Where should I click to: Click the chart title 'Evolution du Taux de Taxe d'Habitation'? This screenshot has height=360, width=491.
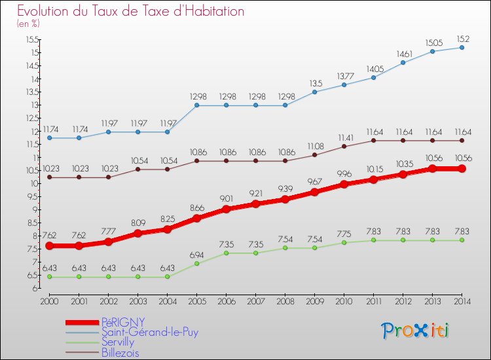click(x=130, y=11)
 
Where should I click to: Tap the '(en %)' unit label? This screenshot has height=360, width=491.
click(x=28, y=24)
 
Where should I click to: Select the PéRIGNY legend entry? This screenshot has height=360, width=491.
click(x=123, y=321)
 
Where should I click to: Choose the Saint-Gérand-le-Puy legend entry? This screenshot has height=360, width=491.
click(x=149, y=332)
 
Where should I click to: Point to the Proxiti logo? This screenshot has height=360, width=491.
click(x=415, y=331)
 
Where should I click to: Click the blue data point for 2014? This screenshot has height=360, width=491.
click(x=462, y=47)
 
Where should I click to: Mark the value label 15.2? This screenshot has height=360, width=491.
click(x=462, y=38)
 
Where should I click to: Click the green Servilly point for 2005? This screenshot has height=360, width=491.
click(x=196, y=264)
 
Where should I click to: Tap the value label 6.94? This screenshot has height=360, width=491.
click(x=196, y=254)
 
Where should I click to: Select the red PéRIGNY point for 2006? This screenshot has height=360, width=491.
click(x=226, y=209)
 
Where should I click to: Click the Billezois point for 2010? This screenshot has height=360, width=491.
click(x=344, y=147)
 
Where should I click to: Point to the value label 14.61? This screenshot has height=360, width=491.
click(x=403, y=54)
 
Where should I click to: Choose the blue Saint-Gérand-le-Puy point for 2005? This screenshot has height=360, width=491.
click(x=196, y=105)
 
